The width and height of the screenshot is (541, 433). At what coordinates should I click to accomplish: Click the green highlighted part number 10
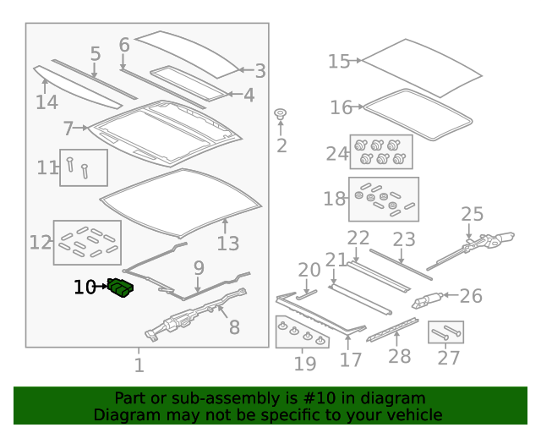[120, 288]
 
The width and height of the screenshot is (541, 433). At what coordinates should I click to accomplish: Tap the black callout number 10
[85, 287]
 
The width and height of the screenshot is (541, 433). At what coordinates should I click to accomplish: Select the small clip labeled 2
[280, 114]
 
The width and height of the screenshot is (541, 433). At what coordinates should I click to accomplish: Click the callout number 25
[472, 214]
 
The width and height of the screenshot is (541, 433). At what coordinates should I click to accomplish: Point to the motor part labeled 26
[427, 300]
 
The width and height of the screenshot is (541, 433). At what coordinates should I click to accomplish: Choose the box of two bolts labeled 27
[445, 332]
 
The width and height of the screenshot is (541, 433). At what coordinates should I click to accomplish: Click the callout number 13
[227, 244]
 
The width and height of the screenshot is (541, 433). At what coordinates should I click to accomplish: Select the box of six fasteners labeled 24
[381, 152]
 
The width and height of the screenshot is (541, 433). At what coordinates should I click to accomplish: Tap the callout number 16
[341, 107]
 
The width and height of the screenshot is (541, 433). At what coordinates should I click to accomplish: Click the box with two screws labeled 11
[84, 167]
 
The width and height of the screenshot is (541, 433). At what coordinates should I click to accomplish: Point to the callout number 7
[68, 129]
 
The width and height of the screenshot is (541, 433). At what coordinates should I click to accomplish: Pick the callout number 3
[260, 71]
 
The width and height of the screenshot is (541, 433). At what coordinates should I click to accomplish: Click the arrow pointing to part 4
[235, 94]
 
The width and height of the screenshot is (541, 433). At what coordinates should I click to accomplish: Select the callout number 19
[305, 364]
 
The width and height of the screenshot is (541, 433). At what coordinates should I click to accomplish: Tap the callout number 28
[400, 356]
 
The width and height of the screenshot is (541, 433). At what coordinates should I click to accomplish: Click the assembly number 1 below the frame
[139, 365]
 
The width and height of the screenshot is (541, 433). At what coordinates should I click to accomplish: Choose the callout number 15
[339, 62]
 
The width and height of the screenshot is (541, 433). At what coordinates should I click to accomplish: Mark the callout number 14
[47, 102]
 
